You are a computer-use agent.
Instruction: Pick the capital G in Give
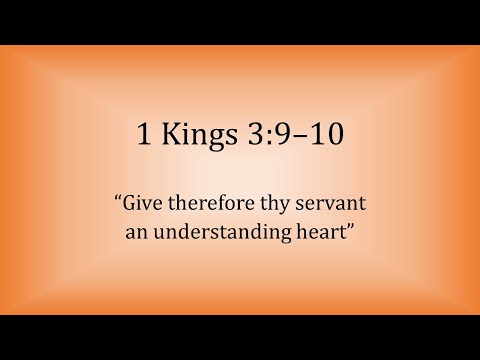click(x=131, y=204)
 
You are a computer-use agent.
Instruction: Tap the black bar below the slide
click(x=240, y=337)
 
